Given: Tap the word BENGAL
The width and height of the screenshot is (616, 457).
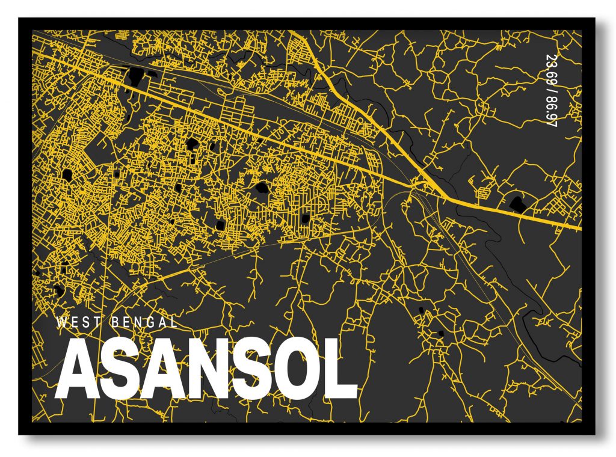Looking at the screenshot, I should click(x=144, y=322).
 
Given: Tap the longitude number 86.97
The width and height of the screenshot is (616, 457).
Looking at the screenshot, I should click(x=550, y=112).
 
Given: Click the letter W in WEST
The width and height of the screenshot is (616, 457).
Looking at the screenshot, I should click(x=62, y=322).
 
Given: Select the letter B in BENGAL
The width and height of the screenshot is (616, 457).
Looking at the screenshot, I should click(x=115, y=322).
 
